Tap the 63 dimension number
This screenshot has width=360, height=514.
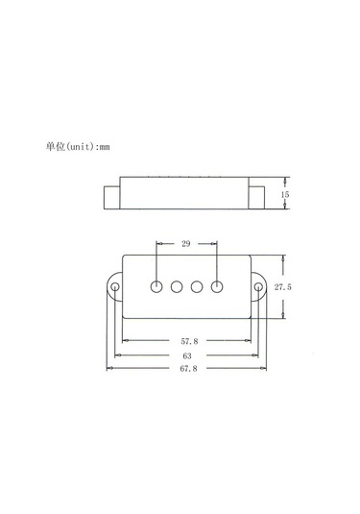point(187,354)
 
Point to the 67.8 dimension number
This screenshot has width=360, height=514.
point(187,367)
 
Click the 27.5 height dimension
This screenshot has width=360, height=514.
point(282,288)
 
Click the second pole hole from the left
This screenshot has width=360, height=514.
point(177,285)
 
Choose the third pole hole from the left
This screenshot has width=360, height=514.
point(197,285)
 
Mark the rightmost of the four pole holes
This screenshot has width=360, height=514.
point(217,285)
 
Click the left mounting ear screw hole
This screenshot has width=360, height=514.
point(115,286)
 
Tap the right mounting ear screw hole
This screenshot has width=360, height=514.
point(258,286)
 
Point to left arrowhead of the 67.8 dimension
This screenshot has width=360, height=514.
point(110,367)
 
